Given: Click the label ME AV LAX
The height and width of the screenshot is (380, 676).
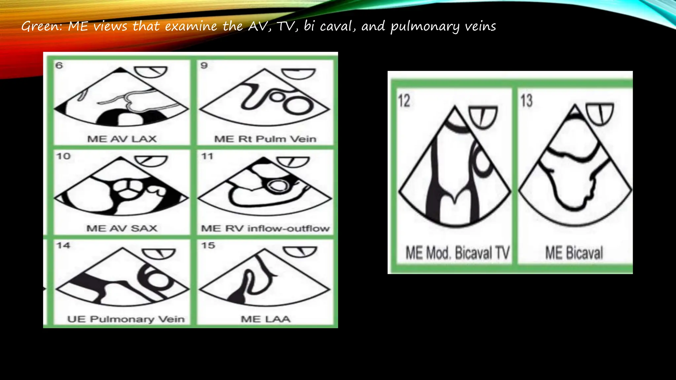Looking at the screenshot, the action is coord(122,139).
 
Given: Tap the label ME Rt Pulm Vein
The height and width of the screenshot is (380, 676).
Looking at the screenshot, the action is coord(265,139).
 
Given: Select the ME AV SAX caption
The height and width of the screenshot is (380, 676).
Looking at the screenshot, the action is coord(122,228).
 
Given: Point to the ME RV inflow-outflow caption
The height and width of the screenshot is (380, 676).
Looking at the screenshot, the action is coord(265,228).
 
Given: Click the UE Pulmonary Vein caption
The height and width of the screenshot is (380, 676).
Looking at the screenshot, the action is coord(126,319).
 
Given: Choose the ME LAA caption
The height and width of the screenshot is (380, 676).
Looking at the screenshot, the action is coord(265,319).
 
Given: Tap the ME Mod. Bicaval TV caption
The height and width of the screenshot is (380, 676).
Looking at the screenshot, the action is coord(457,253).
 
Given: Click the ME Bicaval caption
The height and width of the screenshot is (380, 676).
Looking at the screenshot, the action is coord(574,253).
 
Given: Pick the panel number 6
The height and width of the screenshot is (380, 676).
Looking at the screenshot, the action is coord(59,65).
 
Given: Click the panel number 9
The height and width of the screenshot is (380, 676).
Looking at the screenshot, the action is coord(204,65).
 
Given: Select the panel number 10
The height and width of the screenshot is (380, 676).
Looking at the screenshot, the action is coord(63,156).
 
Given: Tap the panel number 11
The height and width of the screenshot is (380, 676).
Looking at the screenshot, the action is coord(207,156).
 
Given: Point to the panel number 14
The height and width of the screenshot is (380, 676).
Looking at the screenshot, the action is coord(63,245).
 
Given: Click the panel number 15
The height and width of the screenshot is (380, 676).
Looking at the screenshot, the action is coord(208,245).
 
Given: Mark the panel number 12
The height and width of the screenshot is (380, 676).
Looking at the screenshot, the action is coord(404,101).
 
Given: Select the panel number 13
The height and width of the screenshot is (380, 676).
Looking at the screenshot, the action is coord(526,101).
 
